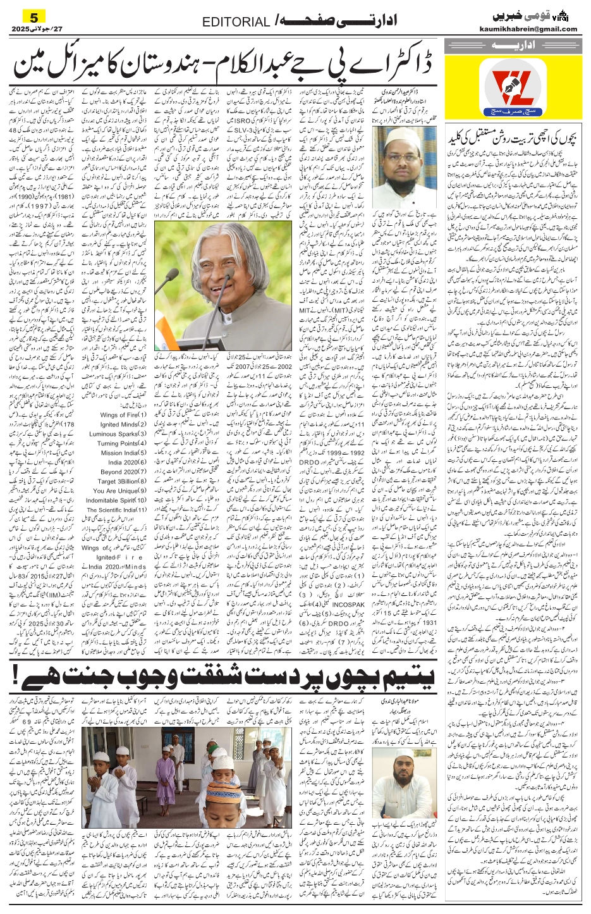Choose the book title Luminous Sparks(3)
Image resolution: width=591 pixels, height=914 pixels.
118,434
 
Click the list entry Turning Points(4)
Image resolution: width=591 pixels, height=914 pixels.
121,443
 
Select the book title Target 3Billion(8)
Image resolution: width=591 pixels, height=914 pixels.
120,481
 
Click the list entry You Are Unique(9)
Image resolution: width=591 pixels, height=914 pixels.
120,491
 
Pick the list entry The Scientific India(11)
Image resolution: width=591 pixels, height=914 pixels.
116,510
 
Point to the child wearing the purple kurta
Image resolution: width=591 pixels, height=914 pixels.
165,775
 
